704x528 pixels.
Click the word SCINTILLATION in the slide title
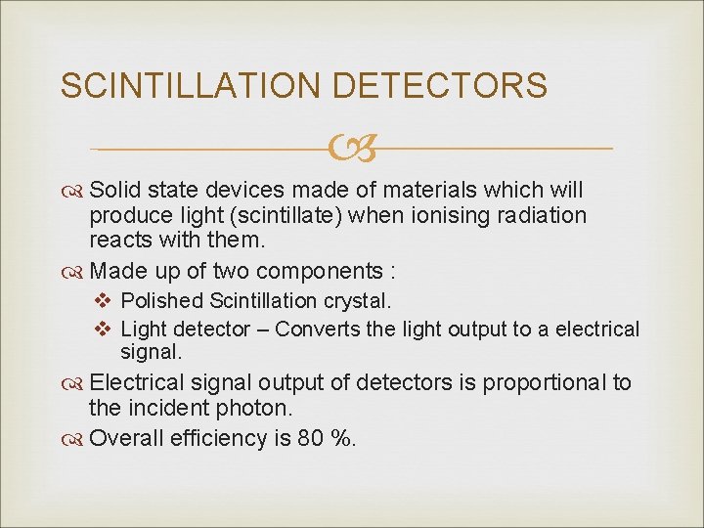click(x=192, y=85)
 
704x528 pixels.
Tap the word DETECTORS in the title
click(x=440, y=85)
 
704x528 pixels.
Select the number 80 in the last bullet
click(x=311, y=438)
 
